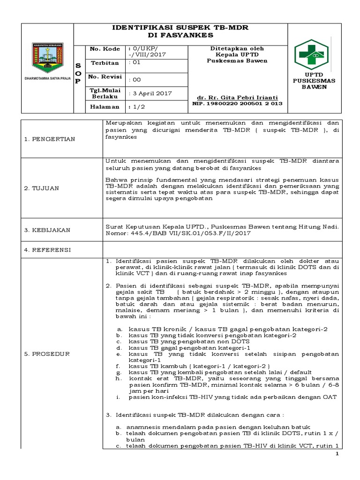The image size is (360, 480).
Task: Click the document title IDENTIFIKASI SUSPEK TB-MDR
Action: click(180, 28)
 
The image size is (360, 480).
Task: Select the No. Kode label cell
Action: click(102, 49)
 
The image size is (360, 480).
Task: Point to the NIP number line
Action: click(238, 103)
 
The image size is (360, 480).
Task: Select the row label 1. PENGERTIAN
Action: click(50, 139)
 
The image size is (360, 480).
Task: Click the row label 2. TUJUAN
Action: click(42, 188)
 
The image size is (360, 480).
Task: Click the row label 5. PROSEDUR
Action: click(46, 353)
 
